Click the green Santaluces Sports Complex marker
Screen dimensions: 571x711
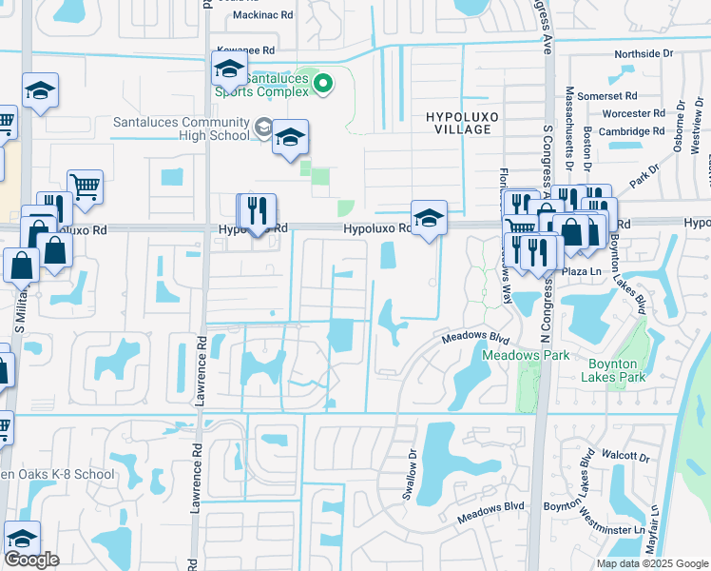[x=323, y=85]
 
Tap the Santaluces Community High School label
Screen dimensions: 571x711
[x=181, y=128]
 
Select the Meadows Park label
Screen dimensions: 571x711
[x=525, y=355]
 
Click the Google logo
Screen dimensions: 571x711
[x=31, y=560]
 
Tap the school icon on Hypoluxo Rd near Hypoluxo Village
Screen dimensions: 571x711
[x=429, y=219]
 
